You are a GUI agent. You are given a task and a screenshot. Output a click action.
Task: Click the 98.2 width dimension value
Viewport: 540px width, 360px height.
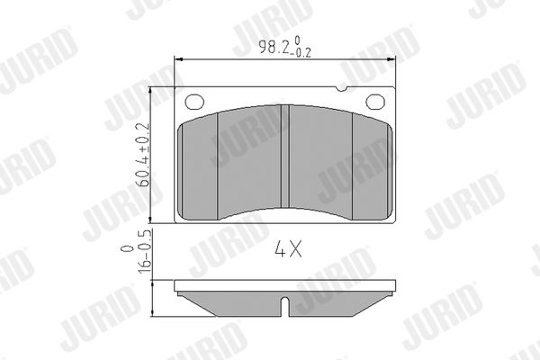click(x=274, y=47)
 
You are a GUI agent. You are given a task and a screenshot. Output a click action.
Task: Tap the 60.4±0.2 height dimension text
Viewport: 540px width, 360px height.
click(x=143, y=155)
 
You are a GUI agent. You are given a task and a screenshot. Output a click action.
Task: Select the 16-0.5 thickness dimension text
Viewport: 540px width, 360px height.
click(x=144, y=251)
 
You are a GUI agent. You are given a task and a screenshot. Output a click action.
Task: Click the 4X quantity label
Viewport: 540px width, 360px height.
click(x=288, y=249)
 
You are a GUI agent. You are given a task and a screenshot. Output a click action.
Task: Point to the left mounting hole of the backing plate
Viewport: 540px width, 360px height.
click(x=194, y=102)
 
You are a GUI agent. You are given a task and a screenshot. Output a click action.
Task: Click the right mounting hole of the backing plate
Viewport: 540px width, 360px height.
click(x=375, y=102)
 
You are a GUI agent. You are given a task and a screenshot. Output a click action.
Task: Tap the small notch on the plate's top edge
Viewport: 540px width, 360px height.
click(x=341, y=89)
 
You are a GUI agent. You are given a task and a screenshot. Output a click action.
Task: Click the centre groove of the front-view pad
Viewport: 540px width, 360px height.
click(x=284, y=157)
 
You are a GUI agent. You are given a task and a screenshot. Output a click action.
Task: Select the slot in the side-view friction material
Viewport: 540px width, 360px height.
click(x=284, y=306)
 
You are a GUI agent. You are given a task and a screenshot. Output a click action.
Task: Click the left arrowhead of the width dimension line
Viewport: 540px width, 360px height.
click(x=179, y=59)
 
